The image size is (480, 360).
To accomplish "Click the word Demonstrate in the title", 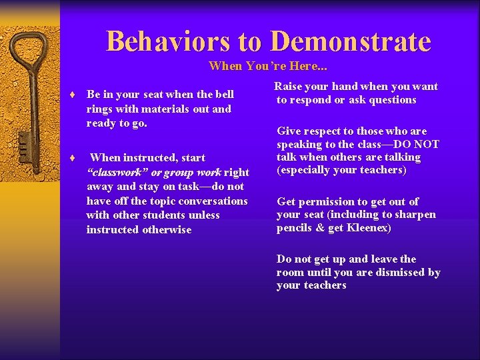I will (x=351, y=41).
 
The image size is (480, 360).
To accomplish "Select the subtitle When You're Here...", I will (x=268, y=66).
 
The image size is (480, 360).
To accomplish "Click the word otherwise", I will (x=167, y=229).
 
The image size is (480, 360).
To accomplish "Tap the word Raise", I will (x=288, y=86).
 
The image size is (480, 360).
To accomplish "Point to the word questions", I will (x=393, y=100).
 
